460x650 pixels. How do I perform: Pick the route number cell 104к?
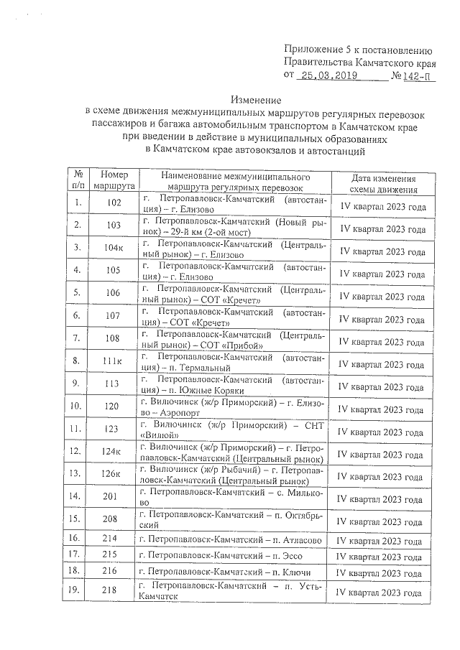click(x=114, y=249)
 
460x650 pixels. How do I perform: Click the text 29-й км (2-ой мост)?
click(x=212, y=233)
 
